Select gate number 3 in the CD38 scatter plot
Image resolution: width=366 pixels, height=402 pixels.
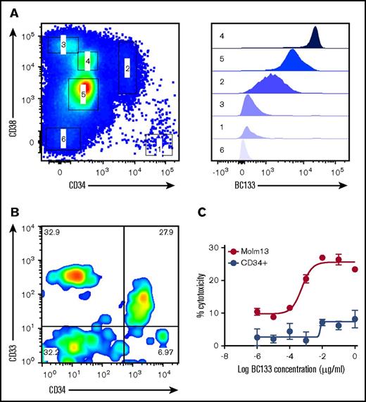pyautogui.click(x=63, y=46)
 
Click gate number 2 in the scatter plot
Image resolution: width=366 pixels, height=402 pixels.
pyautogui.click(x=127, y=68)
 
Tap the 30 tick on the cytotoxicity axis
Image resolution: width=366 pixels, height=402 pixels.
pyautogui.click(x=224, y=245)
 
